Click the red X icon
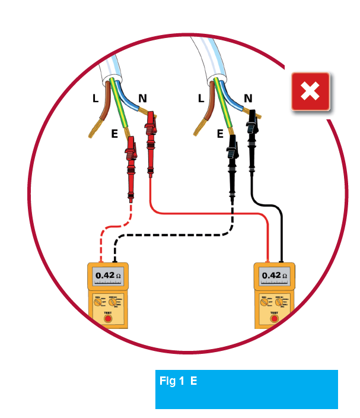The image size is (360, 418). click(310, 91)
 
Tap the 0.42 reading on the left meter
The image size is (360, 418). click(108, 275)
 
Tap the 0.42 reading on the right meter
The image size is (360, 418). click(274, 275)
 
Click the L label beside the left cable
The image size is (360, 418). click(95, 99)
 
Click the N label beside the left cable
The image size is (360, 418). click(142, 99)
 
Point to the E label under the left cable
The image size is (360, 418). click(114, 135)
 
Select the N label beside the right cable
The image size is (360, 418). click(248, 99)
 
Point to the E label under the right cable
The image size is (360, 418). click(220, 135)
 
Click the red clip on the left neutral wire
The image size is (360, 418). click(151, 134)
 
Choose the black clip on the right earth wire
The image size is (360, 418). click(232, 157)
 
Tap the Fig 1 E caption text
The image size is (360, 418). click(179, 382)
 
